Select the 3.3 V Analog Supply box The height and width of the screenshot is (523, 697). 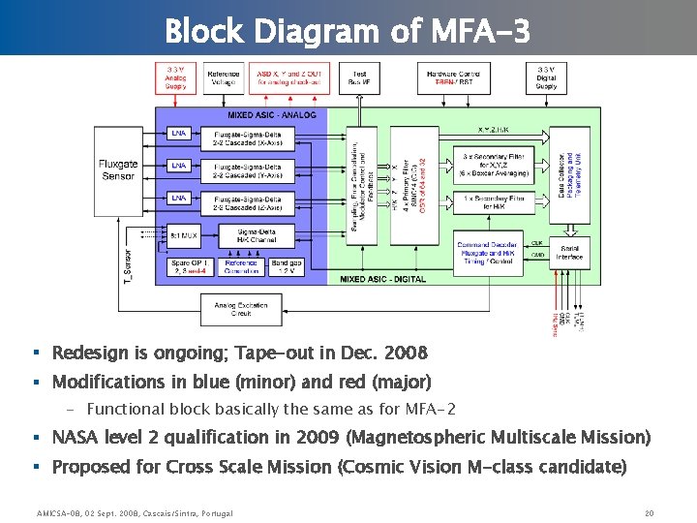click(x=176, y=77)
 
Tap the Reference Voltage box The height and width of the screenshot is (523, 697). click(x=224, y=77)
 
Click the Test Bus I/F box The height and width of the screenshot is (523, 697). click(x=359, y=77)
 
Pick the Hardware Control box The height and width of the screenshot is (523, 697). click(x=453, y=77)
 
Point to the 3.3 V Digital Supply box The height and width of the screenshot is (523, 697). click(x=547, y=77)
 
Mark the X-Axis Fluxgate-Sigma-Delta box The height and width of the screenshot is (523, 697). click(x=249, y=138)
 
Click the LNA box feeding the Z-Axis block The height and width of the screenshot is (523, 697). click(x=179, y=199)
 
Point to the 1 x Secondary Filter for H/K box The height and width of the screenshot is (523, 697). click(x=496, y=202)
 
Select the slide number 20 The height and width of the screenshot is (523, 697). click(x=650, y=511)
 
